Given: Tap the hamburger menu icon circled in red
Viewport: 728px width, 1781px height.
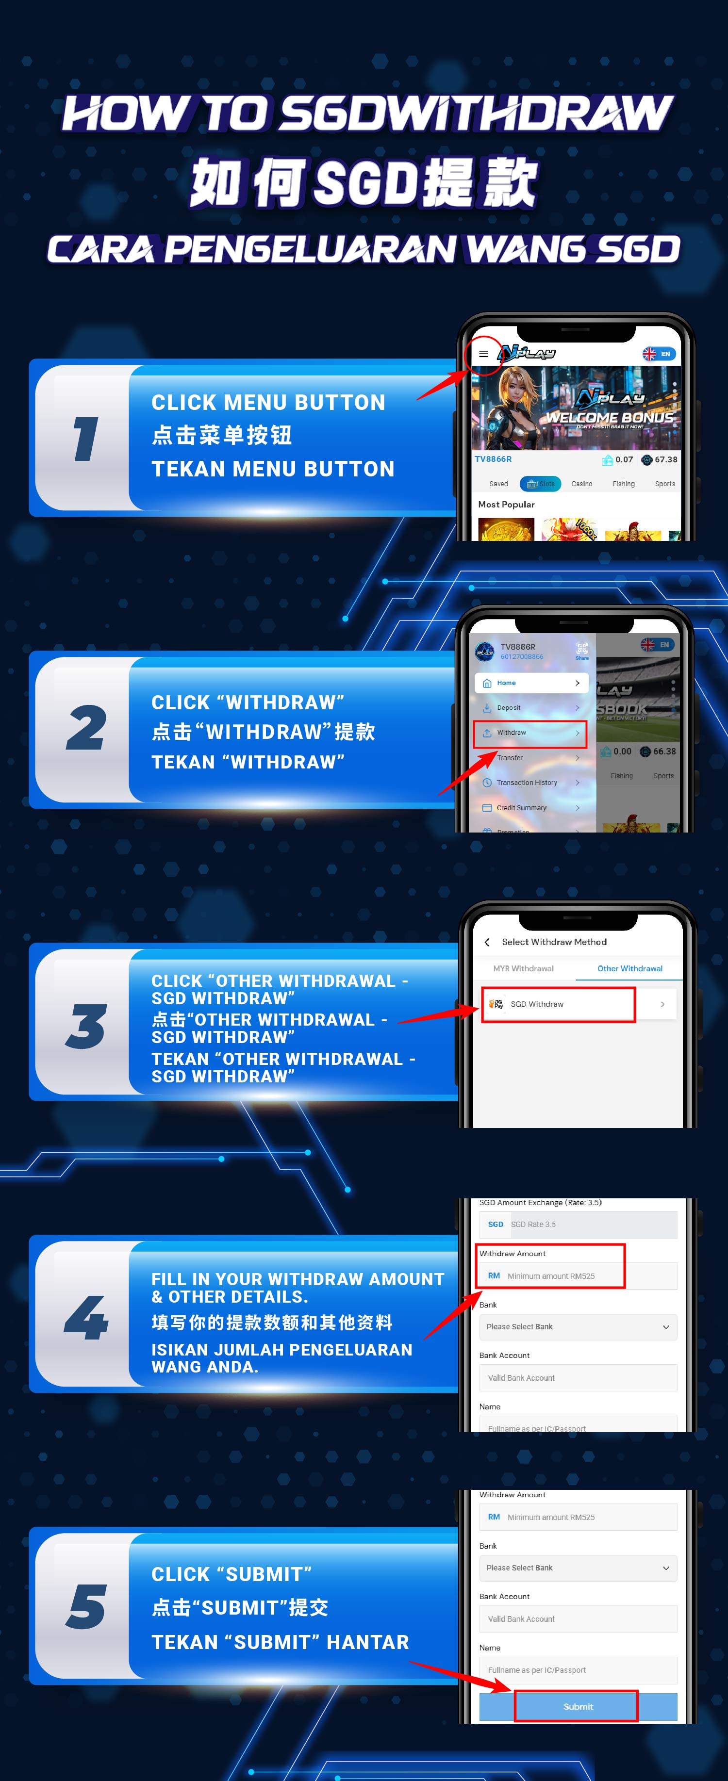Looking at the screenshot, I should [483, 354].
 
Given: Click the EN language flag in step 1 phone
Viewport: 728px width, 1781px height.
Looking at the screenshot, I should [658, 354].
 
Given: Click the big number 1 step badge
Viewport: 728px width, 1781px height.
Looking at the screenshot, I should [86, 439].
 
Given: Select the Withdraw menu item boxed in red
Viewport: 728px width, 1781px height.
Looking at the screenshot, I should [529, 733].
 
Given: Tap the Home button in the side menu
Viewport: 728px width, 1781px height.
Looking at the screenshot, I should [531, 683].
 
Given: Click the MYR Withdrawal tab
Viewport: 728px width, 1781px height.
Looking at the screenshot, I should [523, 969].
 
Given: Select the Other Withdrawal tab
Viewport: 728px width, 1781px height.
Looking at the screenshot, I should [629, 969].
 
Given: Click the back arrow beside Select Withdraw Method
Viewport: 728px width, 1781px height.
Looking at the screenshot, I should [487, 942].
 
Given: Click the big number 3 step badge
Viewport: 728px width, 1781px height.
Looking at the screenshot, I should [86, 1026].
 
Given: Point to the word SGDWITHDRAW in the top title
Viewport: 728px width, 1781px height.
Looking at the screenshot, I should [476, 114].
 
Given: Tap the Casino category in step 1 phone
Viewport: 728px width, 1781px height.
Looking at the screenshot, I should [581, 484].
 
